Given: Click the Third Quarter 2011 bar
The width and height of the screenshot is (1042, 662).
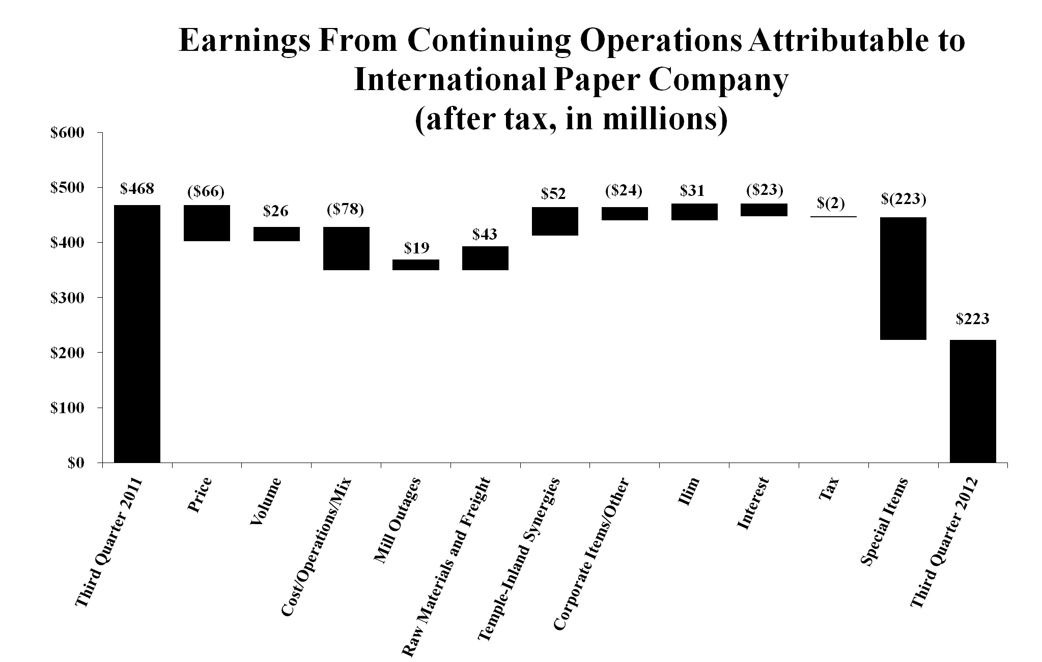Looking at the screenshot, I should click(x=137, y=333).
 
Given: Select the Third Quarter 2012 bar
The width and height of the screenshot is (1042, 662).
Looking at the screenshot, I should click(x=972, y=401).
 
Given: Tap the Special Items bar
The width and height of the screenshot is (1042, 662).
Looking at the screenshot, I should click(x=903, y=278).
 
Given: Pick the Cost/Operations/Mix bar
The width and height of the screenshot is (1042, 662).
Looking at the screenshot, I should click(x=346, y=248).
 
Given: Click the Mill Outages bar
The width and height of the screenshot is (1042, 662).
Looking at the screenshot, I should click(x=415, y=265).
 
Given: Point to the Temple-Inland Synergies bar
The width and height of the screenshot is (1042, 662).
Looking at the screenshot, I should click(x=555, y=221).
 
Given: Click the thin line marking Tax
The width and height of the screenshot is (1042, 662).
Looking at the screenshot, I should click(x=833, y=217).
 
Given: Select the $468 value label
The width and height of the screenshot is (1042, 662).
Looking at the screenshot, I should click(x=137, y=189).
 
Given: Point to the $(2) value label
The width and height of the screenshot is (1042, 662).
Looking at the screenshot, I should click(x=831, y=203).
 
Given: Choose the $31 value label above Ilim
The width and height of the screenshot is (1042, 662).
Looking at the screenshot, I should click(x=692, y=191).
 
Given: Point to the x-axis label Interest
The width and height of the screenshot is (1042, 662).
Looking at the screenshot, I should click(x=753, y=504).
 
